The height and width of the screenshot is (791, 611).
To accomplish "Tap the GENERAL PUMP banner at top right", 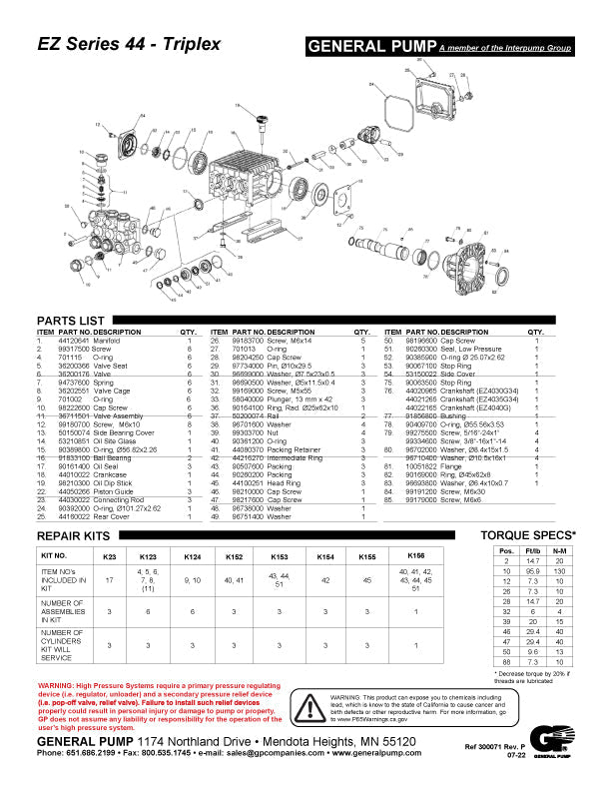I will point(371,47).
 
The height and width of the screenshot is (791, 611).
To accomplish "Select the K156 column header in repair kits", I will point(416,555).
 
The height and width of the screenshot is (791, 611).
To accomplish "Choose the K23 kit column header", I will point(110,555).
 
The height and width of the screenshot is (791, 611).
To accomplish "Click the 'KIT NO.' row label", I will point(53,555).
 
